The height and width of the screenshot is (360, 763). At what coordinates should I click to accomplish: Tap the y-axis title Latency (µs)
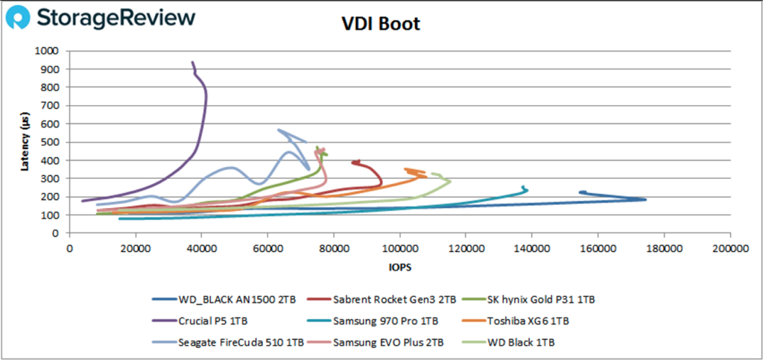(28, 142)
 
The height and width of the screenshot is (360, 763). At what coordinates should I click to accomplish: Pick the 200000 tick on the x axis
(729, 250)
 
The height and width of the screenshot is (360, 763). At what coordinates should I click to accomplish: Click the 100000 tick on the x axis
(400, 250)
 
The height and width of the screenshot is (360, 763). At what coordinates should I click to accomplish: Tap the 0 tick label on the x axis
(69, 250)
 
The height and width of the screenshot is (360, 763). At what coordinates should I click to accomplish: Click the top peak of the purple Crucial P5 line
(193, 63)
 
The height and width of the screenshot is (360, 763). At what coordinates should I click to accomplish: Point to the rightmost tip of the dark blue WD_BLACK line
(645, 199)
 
